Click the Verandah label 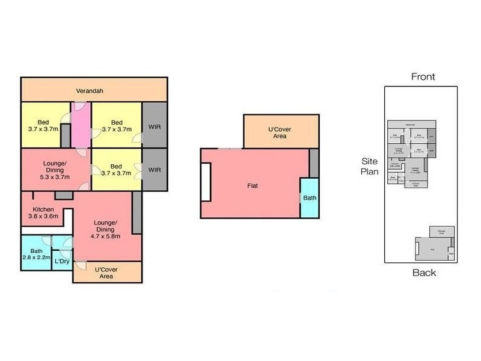[90, 91]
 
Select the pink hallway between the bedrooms [81, 125]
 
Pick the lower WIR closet [155, 170]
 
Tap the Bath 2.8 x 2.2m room [37, 253]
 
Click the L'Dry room [61, 262]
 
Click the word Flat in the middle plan [253, 185]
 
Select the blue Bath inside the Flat [309, 197]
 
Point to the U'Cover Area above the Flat [280, 132]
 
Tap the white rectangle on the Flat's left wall [206, 182]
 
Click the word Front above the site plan [423, 76]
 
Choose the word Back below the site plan [424, 273]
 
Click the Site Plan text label [369, 167]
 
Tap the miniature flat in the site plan [433, 248]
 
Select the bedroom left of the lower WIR [116, 170]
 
